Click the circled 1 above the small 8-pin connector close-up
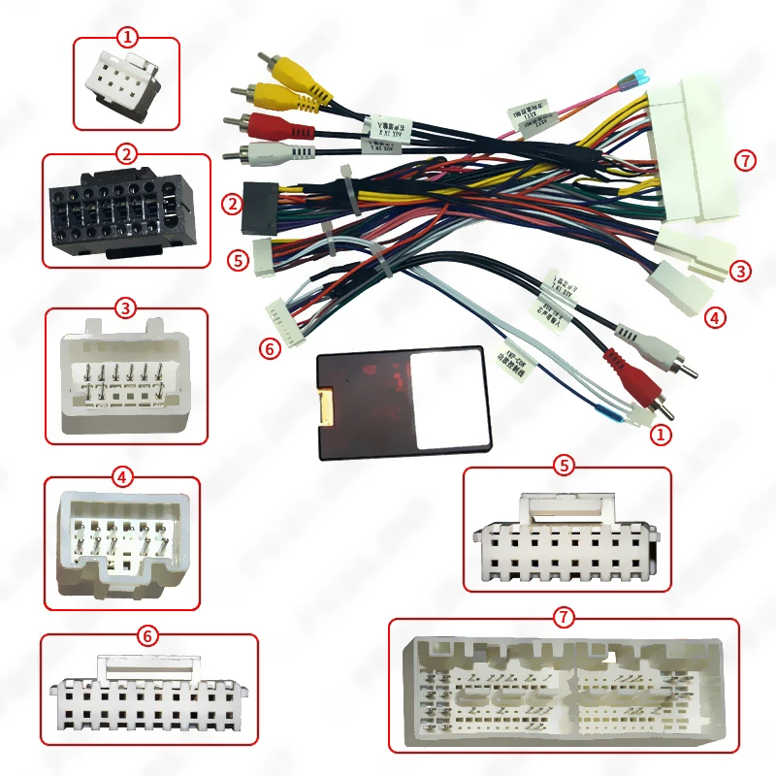(127, 38)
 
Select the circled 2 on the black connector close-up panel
(126, 153)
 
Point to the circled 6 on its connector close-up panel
(147, 635)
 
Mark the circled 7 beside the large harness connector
(744, 161)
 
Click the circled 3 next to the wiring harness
(741, 272)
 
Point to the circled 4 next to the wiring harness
(714, 316)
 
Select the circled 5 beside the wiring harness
(237, 260)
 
